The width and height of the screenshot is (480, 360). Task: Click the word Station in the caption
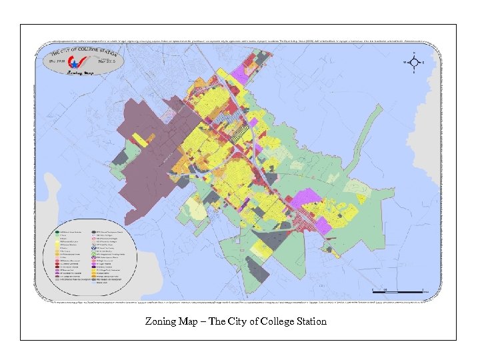tap(310, 321)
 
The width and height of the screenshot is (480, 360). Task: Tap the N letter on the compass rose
tap(414, 52)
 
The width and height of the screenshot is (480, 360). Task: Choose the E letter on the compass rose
tap(424, 63)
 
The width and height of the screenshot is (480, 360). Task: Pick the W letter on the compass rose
tap(403, 63)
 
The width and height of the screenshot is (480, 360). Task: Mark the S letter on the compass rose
tap(414, 73)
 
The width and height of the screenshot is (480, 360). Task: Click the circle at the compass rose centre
tap(414, 63)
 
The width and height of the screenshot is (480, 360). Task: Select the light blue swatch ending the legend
tap(99, 283)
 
